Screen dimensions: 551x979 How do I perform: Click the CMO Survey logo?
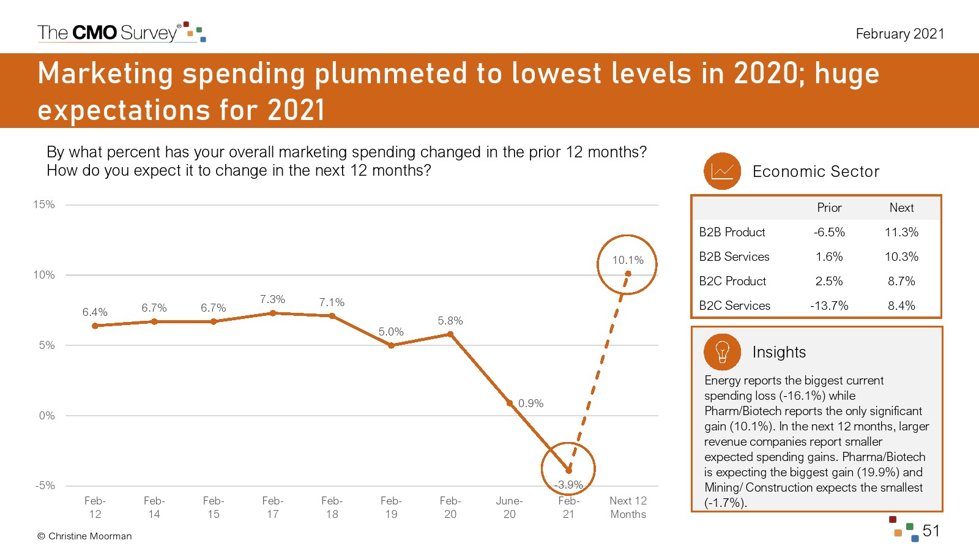pos(121,32)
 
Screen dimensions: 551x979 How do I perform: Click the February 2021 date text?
pos(899,34)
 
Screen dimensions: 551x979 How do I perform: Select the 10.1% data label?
pos(628,260)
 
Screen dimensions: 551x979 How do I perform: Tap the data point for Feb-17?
pos(273,313)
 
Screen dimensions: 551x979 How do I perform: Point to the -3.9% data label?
pos(568,485)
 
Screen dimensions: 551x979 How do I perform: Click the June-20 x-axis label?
pos(509,508)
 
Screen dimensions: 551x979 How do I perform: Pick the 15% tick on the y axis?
pos(44,204)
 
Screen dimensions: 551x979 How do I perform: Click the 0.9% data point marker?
pos(510,403)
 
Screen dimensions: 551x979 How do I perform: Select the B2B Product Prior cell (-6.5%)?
pos(829,232)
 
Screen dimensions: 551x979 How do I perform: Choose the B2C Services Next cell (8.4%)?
pos(901,305)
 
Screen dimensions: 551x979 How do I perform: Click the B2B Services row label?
pos(734,257)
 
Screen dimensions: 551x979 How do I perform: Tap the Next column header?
pos(901,208)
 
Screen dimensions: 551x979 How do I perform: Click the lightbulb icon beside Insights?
pos(722,352)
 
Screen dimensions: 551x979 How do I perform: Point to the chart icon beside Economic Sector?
pos(722,171)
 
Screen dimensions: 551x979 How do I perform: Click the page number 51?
pos(931,531)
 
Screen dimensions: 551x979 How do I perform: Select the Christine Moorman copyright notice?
pos(84,536)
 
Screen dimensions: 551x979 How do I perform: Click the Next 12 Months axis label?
pos(628,508)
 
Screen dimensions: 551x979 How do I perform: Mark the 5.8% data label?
pos(450,321)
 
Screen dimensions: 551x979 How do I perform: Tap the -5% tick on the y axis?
pos(45,485)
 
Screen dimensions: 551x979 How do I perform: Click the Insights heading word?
pos(779,352)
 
